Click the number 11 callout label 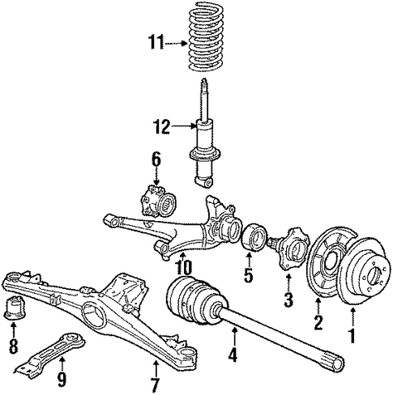[x=156, y=43]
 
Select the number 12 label [x=161, y=127]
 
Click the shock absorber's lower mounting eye [x=207, y=183]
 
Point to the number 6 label [x=156, y=159]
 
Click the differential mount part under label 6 [x=157, y=201]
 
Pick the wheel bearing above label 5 [x=254, y=237]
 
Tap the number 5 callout [x=248, y=274]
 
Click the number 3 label [x=288, y=299]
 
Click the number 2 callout [x=318, y=322]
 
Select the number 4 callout [x=233, y=355]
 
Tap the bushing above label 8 [x=16, y=308]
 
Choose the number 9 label [x=62, y=380]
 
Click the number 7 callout [x=155, y=385]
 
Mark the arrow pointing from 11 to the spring [x=176, y=43]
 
